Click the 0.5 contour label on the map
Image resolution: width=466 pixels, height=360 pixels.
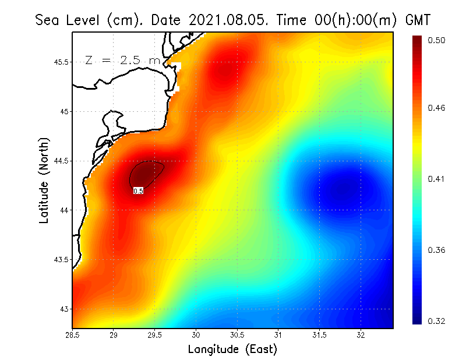138,190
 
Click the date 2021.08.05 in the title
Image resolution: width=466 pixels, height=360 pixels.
224,20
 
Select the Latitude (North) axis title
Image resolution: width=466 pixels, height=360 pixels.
44,181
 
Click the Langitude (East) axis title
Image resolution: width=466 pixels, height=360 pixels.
232,350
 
